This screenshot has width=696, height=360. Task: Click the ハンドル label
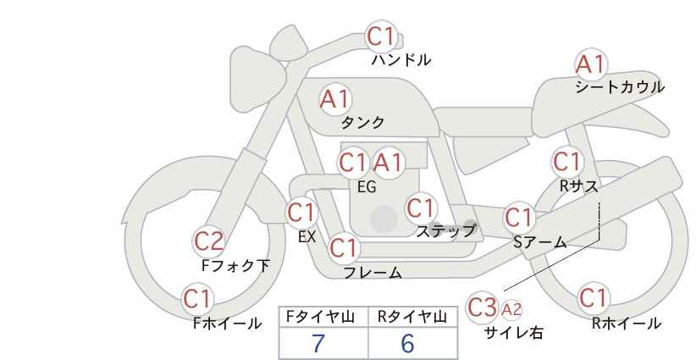400,59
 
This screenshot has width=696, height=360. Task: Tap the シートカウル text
620,86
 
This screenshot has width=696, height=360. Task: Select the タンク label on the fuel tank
362,122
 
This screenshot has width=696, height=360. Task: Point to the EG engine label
367,187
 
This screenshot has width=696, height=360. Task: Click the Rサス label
578,186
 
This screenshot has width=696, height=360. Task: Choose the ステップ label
445,231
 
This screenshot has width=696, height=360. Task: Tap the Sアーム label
539,242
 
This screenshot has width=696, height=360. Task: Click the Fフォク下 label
235,265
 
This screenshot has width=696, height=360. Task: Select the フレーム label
373,273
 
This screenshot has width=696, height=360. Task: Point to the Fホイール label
227,324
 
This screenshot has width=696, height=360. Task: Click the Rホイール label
626,324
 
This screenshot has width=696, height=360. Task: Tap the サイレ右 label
514,333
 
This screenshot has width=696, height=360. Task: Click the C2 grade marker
208,242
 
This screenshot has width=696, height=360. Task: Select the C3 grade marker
482,307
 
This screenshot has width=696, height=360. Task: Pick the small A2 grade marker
511,309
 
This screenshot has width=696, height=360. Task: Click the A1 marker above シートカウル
590,64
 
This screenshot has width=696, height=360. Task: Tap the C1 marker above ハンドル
381,36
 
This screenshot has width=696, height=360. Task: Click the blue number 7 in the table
318,343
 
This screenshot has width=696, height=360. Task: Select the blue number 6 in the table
407,343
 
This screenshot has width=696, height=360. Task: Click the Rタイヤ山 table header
412,317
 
